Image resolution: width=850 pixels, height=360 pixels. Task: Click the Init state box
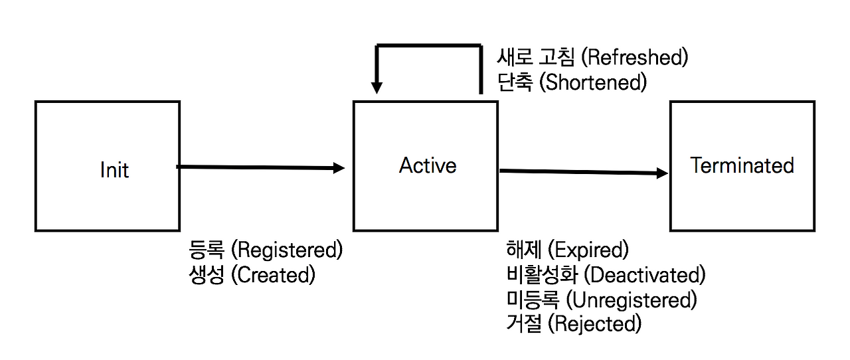(x=107, y=166)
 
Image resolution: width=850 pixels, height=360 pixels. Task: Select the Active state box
(x=425, y=166)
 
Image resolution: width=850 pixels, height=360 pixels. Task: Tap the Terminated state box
(x=742, y=166)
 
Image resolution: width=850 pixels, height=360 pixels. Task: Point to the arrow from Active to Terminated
(x=583, y=172)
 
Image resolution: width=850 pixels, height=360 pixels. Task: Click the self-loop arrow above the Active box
(x=428, y=46)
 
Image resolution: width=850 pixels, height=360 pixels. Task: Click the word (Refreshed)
(x=634, y=57)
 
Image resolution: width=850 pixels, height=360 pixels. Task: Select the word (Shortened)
(x=592, y=82)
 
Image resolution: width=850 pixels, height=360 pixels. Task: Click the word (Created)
(x=272, y=275)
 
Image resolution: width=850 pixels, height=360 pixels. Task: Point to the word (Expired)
(x=588, y=250)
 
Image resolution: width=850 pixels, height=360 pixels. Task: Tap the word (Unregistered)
(x=631, y=300)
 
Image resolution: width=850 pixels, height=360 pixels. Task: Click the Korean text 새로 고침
(x=536, y=57)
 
